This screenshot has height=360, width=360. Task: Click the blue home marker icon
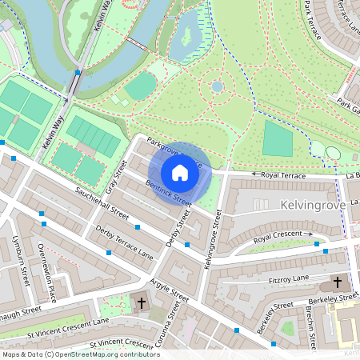[x=180, y=172]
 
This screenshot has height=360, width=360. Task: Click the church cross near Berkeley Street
[x=337, y=282]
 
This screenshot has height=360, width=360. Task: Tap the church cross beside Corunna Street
[x=142, y=303]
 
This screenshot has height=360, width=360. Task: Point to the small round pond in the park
[x=217, y=86]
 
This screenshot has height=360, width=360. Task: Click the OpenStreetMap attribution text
[x=81, y=354]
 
